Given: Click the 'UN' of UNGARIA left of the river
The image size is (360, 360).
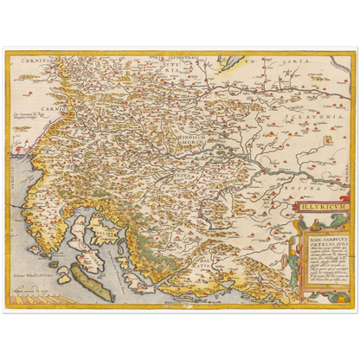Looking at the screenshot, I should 249,63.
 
